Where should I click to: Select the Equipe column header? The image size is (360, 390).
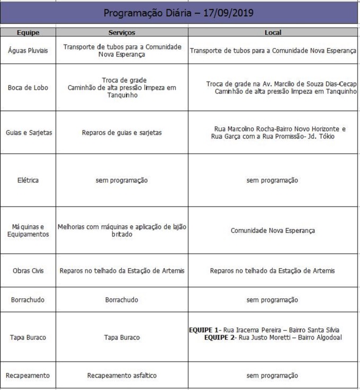click(x=28, y=32)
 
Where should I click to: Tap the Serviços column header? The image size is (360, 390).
click(x=122, y=32)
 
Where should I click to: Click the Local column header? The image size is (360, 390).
click(x=273, y=32)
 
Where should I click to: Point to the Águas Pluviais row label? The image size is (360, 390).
click(x=28, y=51)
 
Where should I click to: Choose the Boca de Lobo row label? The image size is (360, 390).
click(x=28, y=88)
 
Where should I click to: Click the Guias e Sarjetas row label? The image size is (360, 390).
click(x=28, y=133)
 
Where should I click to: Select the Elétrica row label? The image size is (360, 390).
click(x=28, y=180)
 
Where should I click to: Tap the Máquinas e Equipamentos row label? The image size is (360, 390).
click(x=28, y=230)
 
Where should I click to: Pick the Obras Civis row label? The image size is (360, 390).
click(x=28, y=271)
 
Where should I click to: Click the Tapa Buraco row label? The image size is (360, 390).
click(x=28, y=337)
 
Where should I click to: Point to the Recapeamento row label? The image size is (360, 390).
click(x=28, y=376)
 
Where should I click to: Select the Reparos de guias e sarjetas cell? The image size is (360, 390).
click(x=122, y=133)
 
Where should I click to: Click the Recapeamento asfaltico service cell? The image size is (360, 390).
click(x=122, y=376)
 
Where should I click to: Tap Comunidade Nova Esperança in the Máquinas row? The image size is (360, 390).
click(x=273, y=231)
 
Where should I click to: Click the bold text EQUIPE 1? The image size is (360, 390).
click(x=204, y=330)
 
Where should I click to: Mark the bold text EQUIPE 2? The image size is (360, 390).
click(x=219, y=337)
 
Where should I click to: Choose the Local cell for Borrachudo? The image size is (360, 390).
click(x=273, y=300)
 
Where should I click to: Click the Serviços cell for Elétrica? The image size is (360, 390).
click(x=122, y=180)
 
